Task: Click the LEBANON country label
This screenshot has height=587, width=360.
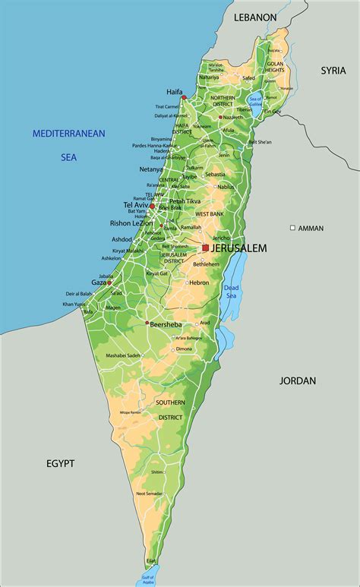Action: (x=255, y=17)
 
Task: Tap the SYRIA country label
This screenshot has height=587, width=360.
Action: (x=333, y=70)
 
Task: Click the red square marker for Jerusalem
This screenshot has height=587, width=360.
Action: (x=205, y=248)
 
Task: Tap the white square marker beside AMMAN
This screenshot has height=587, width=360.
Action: (x=292, y=228)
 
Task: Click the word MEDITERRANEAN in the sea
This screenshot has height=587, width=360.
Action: (x=68, y=134)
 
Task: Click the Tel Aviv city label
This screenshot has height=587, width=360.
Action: (x=134, y=205)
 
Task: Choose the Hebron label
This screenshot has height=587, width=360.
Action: (x=199, y=282)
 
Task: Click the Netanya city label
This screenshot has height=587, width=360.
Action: (x=151, y=169)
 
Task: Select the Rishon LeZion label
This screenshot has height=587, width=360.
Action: (x=131, y=222)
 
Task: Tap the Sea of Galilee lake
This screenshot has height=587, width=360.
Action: (x=256, y=101)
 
